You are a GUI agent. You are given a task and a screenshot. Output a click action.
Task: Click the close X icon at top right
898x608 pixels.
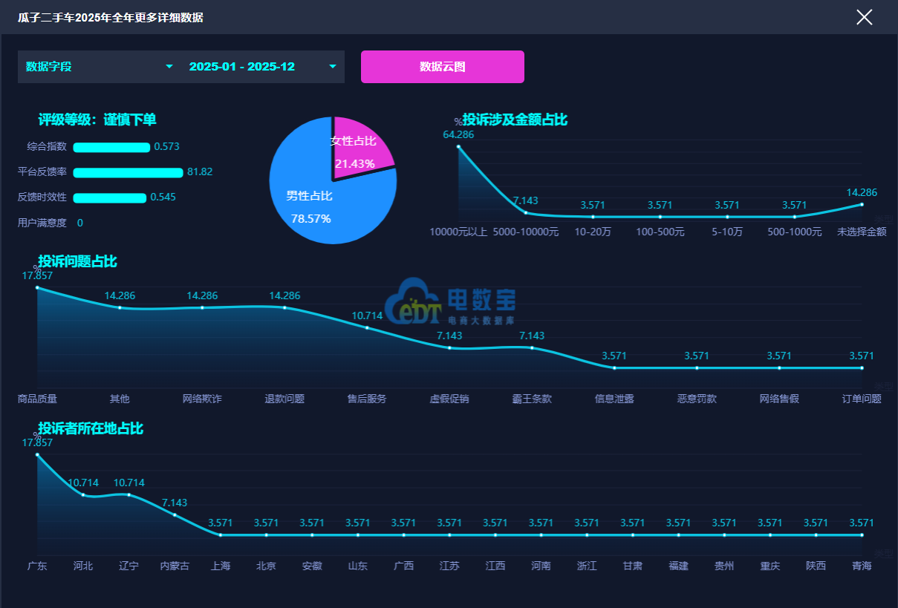pos(864,17)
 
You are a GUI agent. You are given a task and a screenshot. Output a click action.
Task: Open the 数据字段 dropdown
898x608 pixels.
pos(100,67)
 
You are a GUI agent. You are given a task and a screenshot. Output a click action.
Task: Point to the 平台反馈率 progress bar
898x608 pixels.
pos(128,172)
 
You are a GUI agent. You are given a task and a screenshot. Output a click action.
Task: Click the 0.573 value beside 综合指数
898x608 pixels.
pos(166,147)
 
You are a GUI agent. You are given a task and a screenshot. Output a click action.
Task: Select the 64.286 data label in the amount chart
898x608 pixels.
pos(458,135)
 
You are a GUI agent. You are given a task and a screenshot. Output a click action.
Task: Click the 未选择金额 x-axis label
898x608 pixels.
pos(862,232)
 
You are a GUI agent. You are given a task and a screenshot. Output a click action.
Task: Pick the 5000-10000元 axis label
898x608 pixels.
pos(526,232)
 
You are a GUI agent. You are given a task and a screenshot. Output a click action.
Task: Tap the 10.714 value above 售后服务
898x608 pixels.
pos(367,316)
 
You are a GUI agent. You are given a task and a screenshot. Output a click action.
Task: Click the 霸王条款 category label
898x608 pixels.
pos(532,399)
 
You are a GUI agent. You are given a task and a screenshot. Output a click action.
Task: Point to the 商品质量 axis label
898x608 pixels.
pos(37,399)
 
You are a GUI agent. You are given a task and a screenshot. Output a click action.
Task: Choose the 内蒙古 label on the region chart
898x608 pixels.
pos(175,566)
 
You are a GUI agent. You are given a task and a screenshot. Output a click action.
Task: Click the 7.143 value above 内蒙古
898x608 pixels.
pos(175,503)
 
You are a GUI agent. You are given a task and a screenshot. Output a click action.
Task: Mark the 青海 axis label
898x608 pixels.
pos(862,566)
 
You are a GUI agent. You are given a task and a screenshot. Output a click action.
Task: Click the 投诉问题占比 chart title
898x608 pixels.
pos(77,261)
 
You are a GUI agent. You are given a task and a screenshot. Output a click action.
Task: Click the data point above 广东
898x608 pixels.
pos(37,454)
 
